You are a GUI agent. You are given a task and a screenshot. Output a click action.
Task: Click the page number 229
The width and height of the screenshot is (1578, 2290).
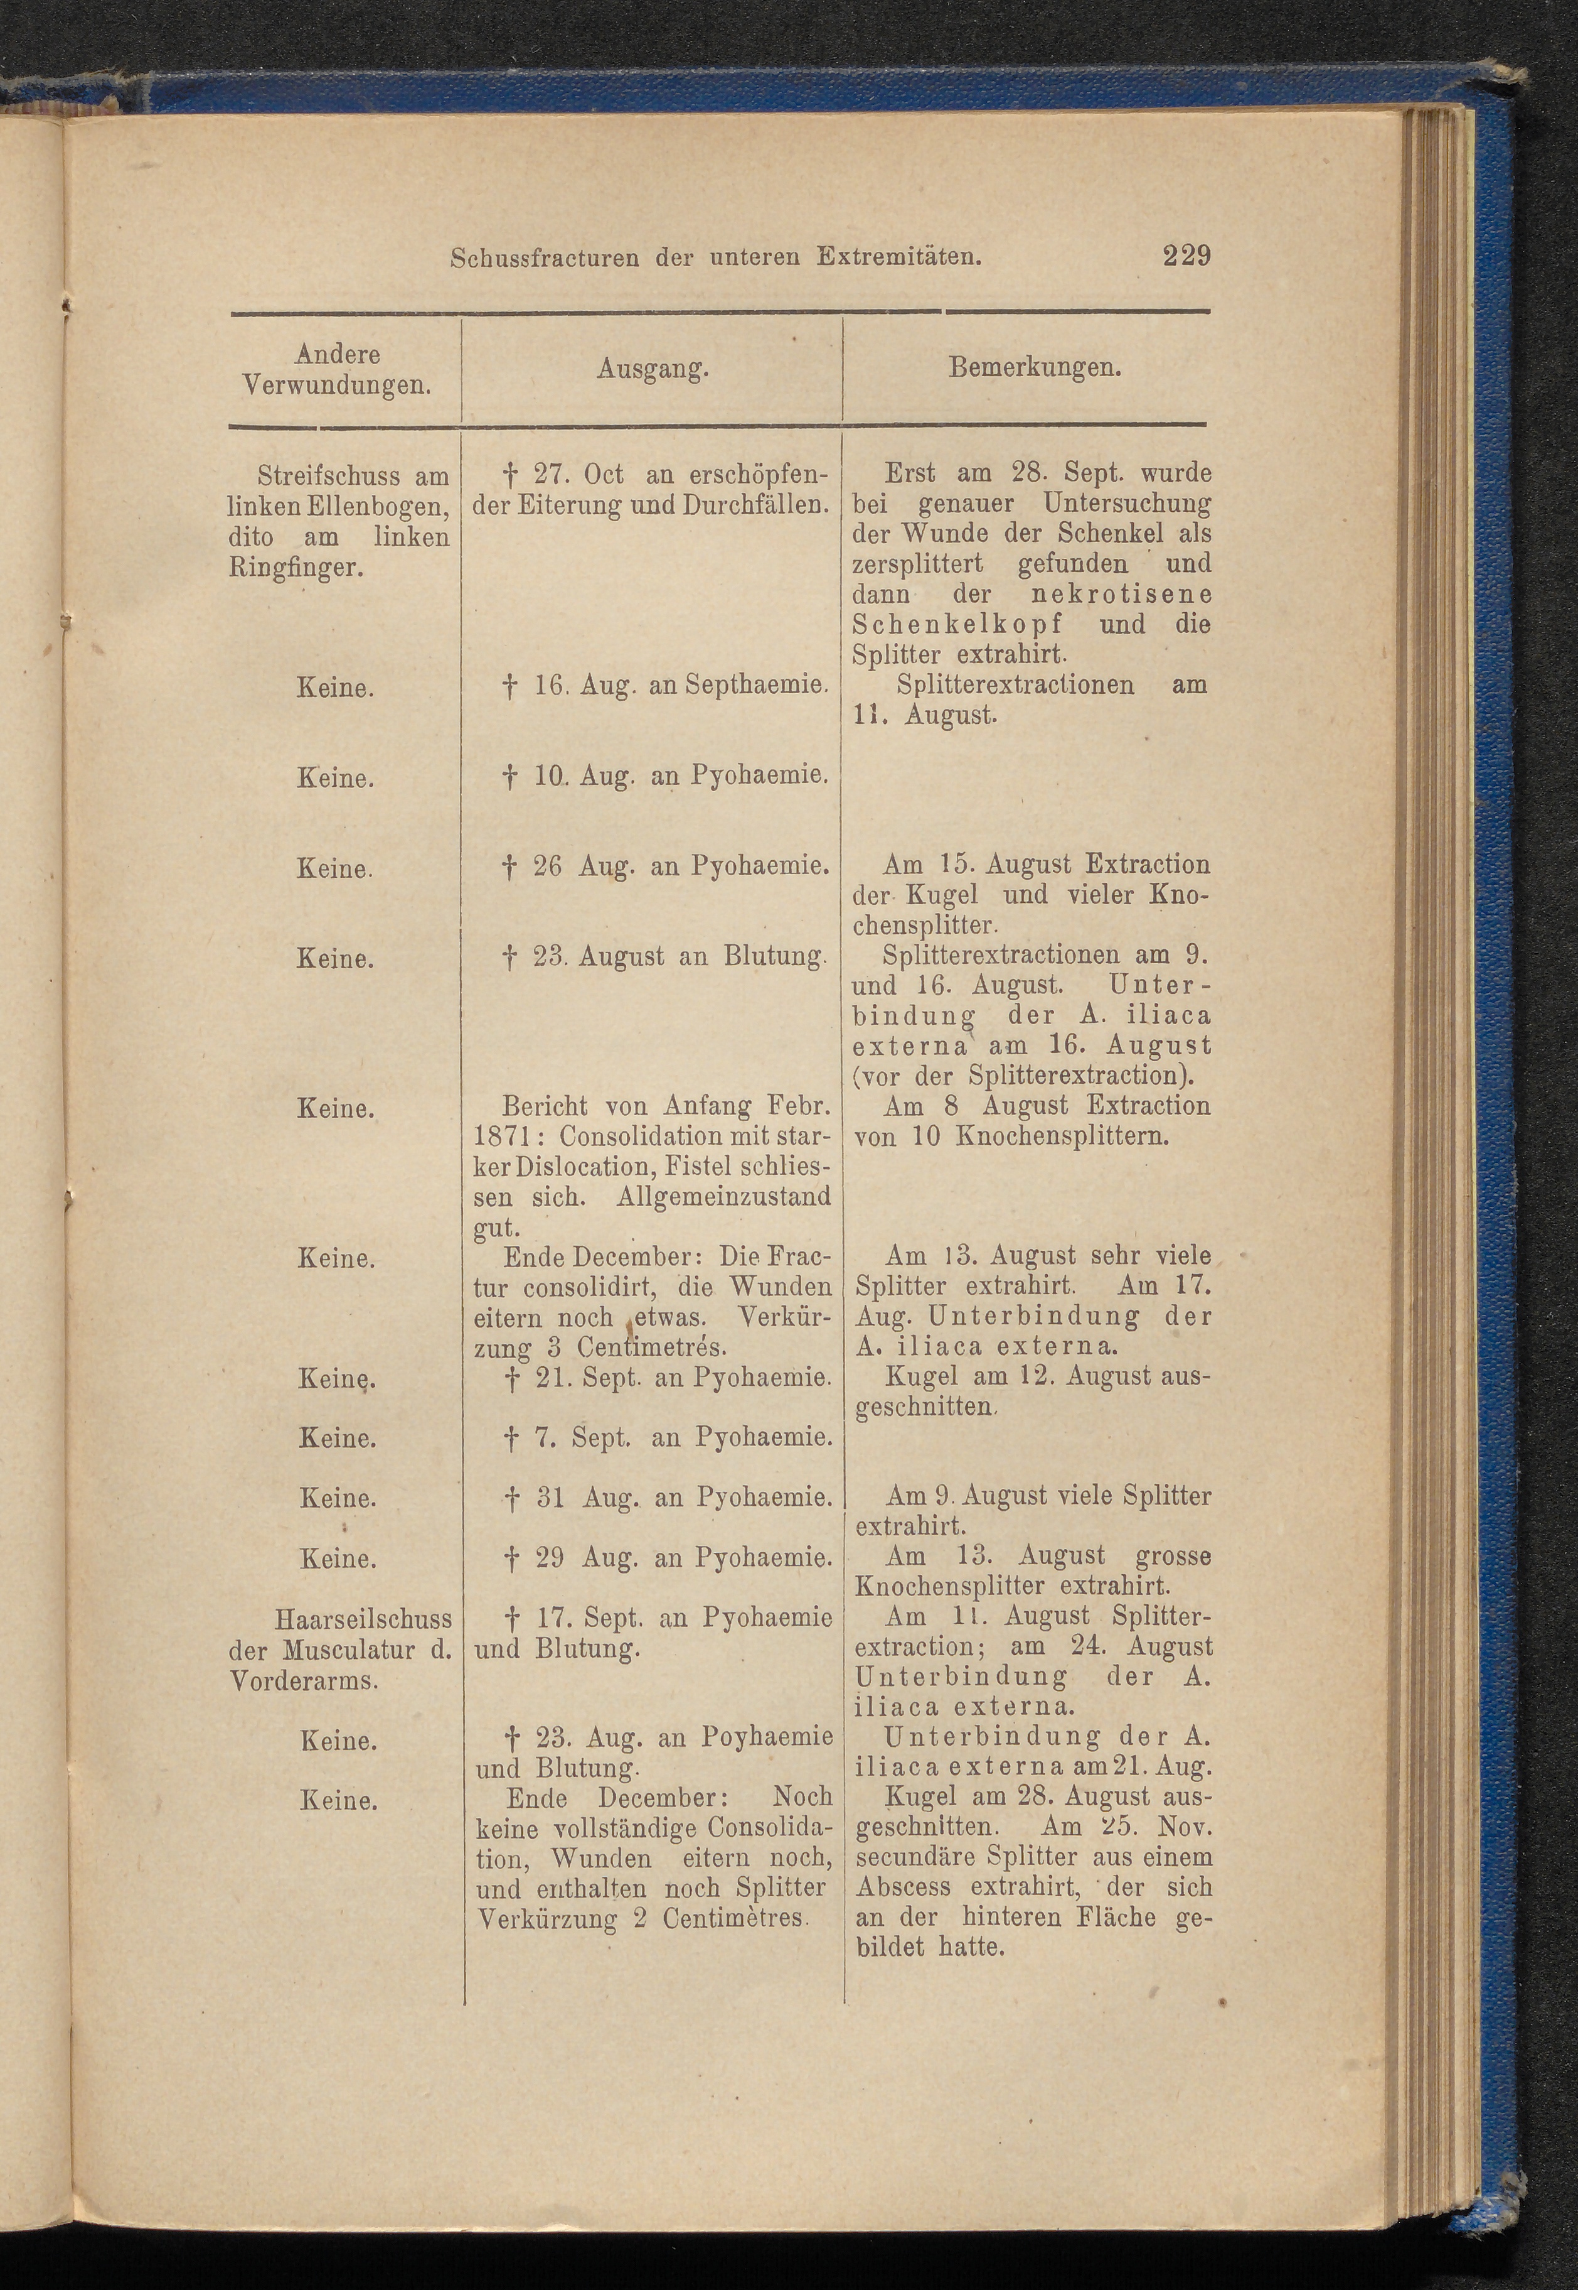pos(1186,256)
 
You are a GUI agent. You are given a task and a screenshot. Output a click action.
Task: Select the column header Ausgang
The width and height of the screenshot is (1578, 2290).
pos(653,369)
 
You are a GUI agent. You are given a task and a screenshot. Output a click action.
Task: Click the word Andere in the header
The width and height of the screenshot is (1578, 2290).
pos(338,354)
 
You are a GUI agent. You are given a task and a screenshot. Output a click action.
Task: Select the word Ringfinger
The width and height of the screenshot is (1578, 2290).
pos(292,568)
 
